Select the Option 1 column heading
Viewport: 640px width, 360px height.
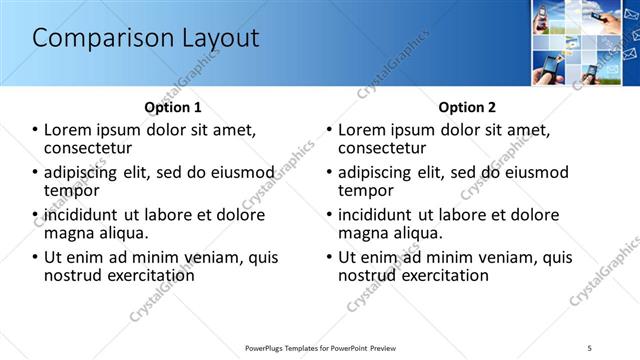click(x=172, y=107)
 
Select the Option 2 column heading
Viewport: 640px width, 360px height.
click(x=466, y=107)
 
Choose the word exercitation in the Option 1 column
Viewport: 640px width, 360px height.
click(x=148, y=275)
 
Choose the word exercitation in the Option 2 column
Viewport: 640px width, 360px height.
click(x=442, y=275)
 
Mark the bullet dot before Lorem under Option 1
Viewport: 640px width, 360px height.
click(x=36, y=130)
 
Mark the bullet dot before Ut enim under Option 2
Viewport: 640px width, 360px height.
click(x=329, y=257)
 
